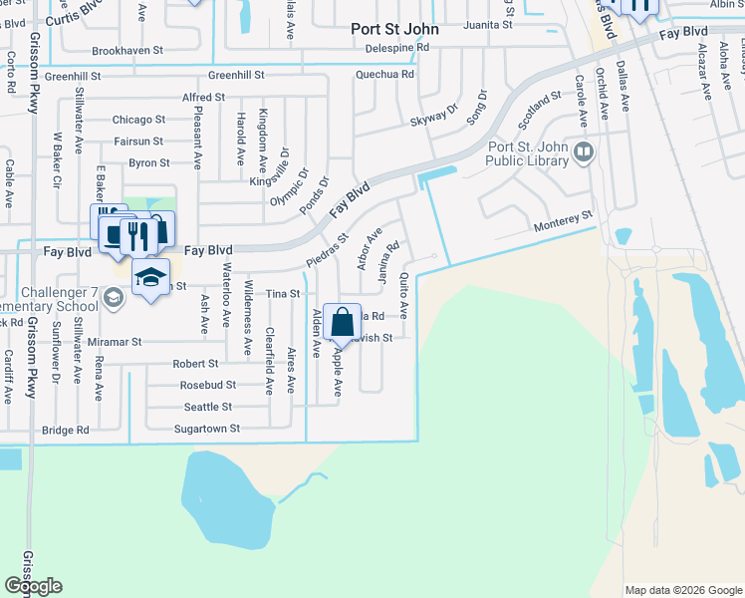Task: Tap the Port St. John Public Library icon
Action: pos(584,152)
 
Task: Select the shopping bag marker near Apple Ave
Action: pos(342,323)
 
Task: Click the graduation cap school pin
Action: pos(150,278)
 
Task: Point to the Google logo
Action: pos(33,586)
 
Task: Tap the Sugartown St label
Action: pos(208,429)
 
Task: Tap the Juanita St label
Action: pos(487,24)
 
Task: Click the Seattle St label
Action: pos(208,407)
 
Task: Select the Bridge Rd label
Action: pos(65,431)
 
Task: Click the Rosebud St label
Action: pos(207,385)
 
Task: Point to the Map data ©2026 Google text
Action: pos(683,589)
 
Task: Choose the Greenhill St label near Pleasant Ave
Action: pos(236,75)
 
